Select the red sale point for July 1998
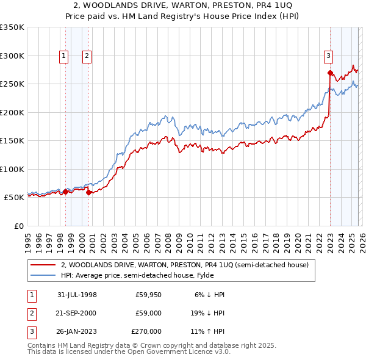coord(65,192)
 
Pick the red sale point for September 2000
coord(89,192)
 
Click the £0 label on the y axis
coord(18,226)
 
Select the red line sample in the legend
coord(43,265)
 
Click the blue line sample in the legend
coord(43,275)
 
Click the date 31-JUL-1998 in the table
coord(77,295)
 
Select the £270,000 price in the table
coord(146,331)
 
